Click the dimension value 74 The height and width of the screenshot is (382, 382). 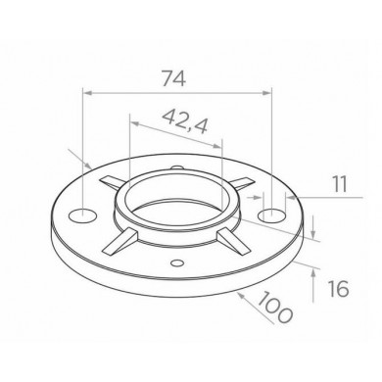point(174,78)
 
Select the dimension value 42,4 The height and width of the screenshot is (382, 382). point(185,121)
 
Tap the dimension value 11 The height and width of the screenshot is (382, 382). point(340,184)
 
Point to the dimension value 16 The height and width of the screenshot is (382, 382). point(338,289)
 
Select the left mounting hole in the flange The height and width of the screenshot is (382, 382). point(83,216)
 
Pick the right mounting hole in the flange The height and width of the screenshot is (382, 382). point(271,215)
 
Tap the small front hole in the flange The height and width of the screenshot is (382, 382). point(177,263)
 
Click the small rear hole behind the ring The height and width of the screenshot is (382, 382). point(177,167)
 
